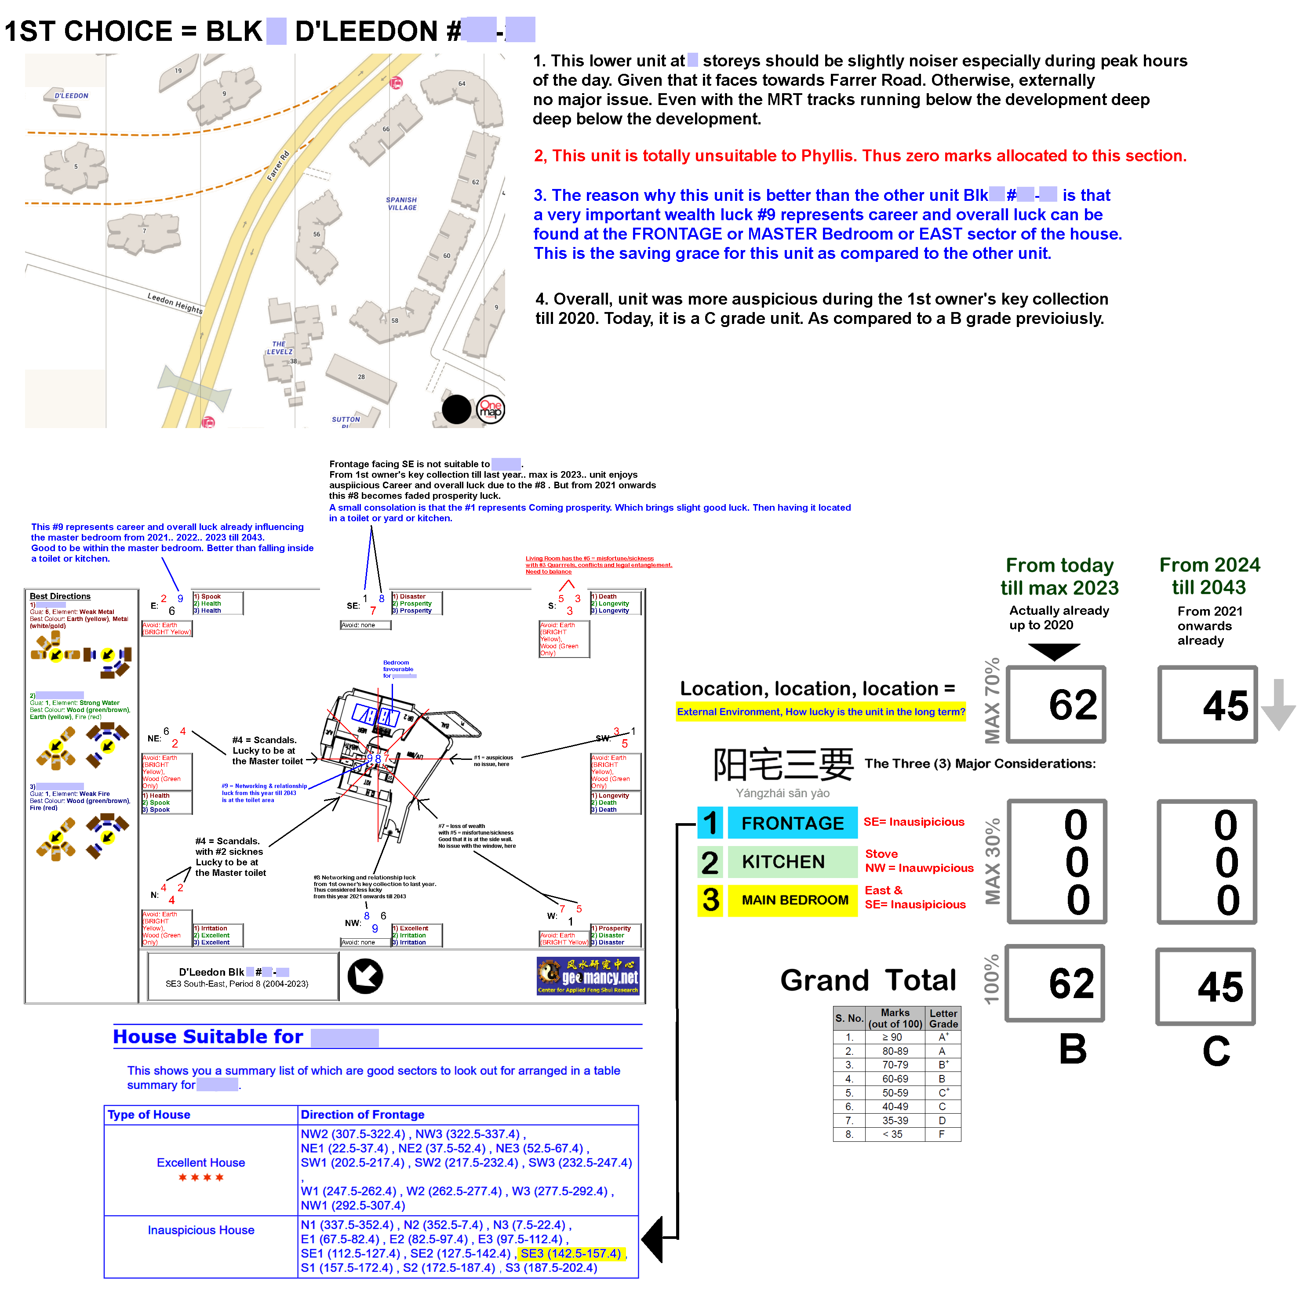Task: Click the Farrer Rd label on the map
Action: [x=278, y=166]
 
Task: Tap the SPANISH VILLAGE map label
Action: [x=401, y=203]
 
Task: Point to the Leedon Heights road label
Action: [x=175, y=303]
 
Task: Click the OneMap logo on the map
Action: [x=490, y=409]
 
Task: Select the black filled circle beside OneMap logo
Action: [x=457, y=409]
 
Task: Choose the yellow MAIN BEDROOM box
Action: [x=794, y=900]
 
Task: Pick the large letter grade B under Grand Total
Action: [x=1072, y=1049]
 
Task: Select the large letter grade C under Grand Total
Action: [x=1216, y=1050]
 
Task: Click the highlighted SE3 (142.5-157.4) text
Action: [x=571, y=1253]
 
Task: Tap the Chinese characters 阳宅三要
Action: [x=783, y=765]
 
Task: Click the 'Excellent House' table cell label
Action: [x=200, y=1162]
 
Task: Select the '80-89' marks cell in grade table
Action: [x=895, y=1051]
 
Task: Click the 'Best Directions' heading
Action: [x=60, y=596]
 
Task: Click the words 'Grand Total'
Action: [x=867, y=980]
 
